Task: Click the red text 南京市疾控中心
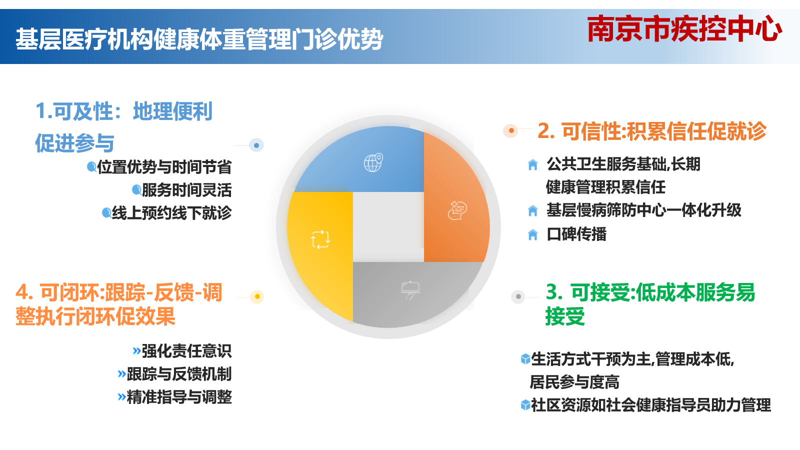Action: click(x=684, y=28)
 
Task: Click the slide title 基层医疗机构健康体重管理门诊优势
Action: click(x=199, y=39)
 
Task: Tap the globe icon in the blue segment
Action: click(x=373, y=163)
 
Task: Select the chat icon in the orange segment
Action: click(x=457, y=210)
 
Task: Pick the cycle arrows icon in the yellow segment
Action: click(x=320, y=239)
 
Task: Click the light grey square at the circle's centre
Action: click(x=388, y=227)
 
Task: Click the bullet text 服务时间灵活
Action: click(x=187, y=190)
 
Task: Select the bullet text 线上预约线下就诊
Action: click(x=172, y=213)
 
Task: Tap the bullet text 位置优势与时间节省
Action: click(x=164, y=167)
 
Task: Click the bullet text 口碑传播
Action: click(x=576, y=234)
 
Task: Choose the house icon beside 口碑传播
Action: click(x=532, y=235)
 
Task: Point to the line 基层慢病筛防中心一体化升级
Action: click(x=644, y=210)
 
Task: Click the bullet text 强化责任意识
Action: click(x=187, y=351)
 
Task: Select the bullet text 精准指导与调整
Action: click(x=179, y=397)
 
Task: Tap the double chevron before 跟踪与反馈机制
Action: click(x=122, y=374)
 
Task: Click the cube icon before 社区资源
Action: click(x=525, y=405)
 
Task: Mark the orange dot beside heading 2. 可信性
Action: click(x=511, y=130)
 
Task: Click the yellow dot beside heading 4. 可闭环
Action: click(x=257, y=297)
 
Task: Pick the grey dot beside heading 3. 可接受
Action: click(x=518, y=296)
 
